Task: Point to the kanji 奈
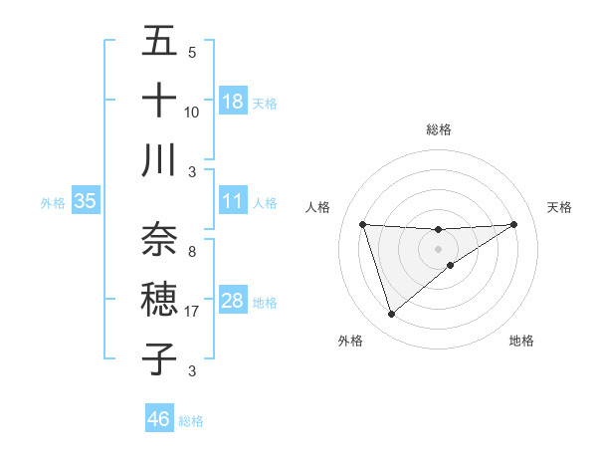click(159, 239)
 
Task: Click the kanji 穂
click(159, 299)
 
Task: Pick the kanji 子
click(159, 357)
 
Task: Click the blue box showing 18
click(233, 101)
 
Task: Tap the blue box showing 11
click(233, 201)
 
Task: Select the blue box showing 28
click(233, 301)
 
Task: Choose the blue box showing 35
click(86, 201)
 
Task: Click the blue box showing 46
click(159, 418)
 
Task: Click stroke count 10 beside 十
click(192, 112)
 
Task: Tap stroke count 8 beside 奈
click(192, 251)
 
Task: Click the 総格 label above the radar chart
click(439, 129)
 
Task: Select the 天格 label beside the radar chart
click(560, 207)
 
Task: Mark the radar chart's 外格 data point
click(391, 315)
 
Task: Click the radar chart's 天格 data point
click(514, 224)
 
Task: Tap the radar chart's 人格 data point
click(363, 224)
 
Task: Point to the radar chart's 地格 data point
click(451, 265)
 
